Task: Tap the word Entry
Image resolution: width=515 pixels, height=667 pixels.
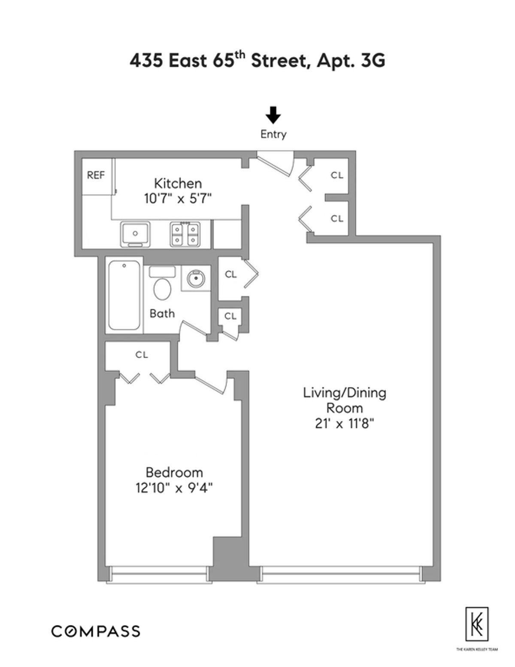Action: (x=273, y=134)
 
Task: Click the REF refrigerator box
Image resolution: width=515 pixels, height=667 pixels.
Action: (x=96, y=176)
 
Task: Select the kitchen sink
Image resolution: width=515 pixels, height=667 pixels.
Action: (x=135, y=234)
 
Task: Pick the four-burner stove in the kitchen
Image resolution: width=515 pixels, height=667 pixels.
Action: (x=185, y=234)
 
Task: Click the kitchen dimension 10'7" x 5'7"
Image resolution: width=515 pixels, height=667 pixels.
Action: (x=178, y=199)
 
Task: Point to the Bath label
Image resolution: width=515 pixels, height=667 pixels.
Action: (x=162, y=314)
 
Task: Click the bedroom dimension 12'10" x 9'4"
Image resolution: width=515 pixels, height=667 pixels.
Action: (x=174, y=488)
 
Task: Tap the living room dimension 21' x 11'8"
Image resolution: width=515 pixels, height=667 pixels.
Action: (x=345, y=424)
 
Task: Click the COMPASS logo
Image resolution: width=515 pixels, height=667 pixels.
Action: (x=96, y=631)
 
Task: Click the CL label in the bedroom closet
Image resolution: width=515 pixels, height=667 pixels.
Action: (x=142, y=355)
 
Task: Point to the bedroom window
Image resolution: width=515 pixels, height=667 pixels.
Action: (x=159, y=573)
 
